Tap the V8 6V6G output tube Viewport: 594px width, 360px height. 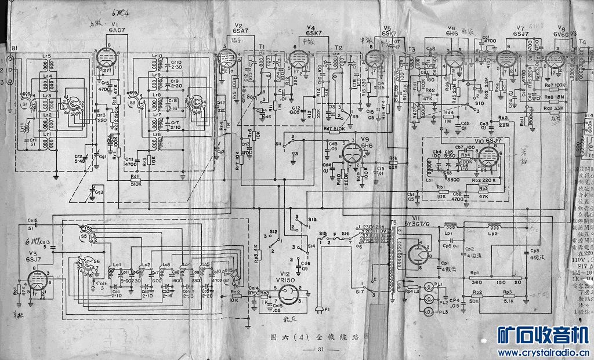[x=556, y=58]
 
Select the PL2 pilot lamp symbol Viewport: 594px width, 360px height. [x=429, y=299]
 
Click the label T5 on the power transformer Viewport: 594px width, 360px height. [x=394, y=224]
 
